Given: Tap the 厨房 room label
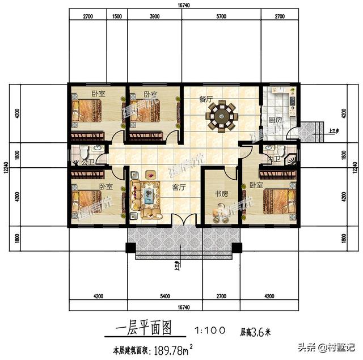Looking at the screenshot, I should click(275, 120).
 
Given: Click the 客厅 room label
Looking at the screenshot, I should click(179, 187).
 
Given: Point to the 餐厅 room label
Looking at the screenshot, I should click(205, 99).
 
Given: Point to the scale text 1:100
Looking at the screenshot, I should click(210, 329).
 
